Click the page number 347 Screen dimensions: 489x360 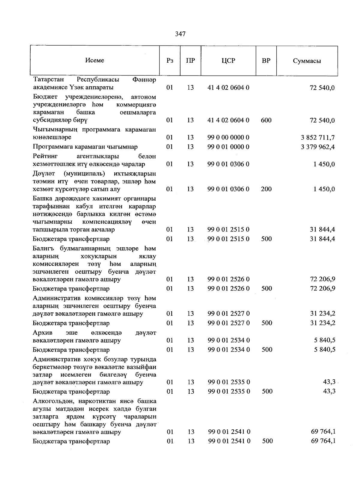point(180,34)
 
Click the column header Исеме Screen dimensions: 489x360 point(94,60)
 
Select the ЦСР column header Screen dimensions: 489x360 point(228,61)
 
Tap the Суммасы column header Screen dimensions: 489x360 point(307,61)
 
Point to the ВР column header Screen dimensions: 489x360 point(266,61)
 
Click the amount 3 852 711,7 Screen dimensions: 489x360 point(318,138)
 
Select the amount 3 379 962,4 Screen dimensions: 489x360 point(318,147)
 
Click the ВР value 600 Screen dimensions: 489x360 point(266,120)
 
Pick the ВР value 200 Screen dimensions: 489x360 point(266,189)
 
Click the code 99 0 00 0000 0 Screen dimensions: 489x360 point(228,138)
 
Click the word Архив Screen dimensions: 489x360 point(43,333)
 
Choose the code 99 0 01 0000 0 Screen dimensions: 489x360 point(228,147)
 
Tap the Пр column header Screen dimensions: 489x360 point(190,61)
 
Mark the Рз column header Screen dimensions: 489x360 point(169,61)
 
